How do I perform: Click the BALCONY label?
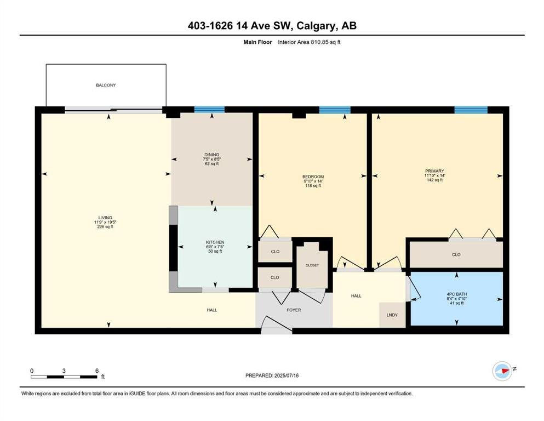coord(106,85)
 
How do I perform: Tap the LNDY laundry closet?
coord(392,315)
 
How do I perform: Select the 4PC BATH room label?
coord(456,294)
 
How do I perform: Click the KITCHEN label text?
coord(215,242)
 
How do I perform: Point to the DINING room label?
coord(211,155)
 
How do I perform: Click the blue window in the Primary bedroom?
coord(471,110)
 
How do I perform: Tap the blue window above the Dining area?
coord(209,110)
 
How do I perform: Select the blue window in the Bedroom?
coord(334,110)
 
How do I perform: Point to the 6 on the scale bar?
coord(97,371)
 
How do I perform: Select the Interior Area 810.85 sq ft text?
coord(309,42)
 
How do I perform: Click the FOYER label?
coord(294,310)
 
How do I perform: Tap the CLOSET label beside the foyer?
coord(312,265)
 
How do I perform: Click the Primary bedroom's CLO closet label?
coord(456,255)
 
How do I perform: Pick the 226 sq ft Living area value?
coord(105,226)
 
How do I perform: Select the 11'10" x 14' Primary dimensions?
coord(435,175)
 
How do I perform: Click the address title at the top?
coord(272,26)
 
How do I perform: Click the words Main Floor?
coord(257,42)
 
